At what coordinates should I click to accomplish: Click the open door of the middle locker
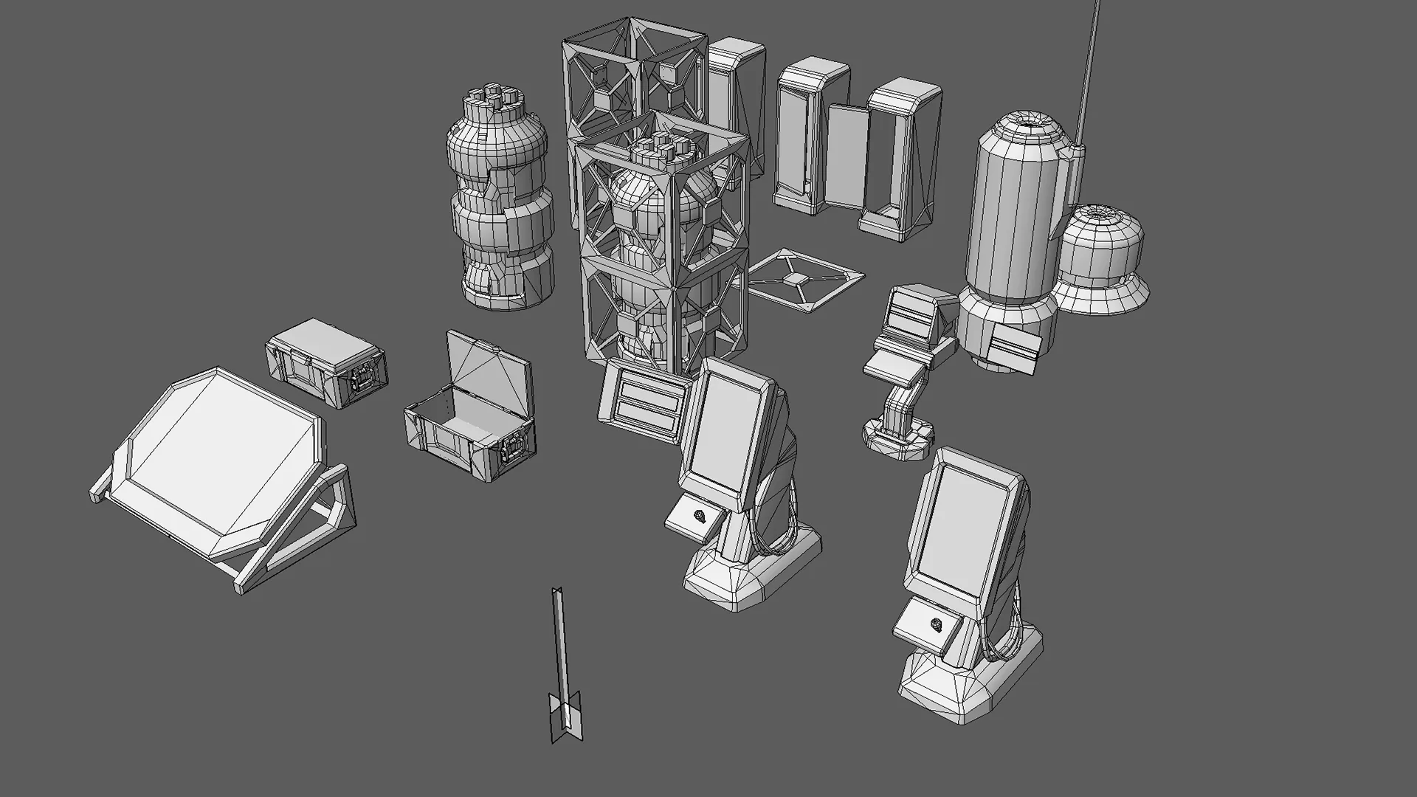(847, 155)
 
